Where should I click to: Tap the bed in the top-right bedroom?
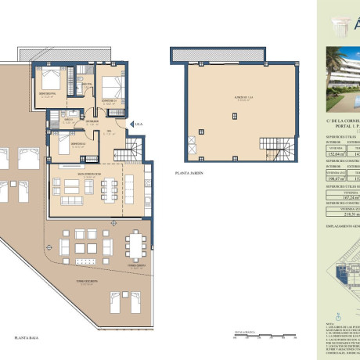[110, 84]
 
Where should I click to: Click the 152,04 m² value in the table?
[333, 155]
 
